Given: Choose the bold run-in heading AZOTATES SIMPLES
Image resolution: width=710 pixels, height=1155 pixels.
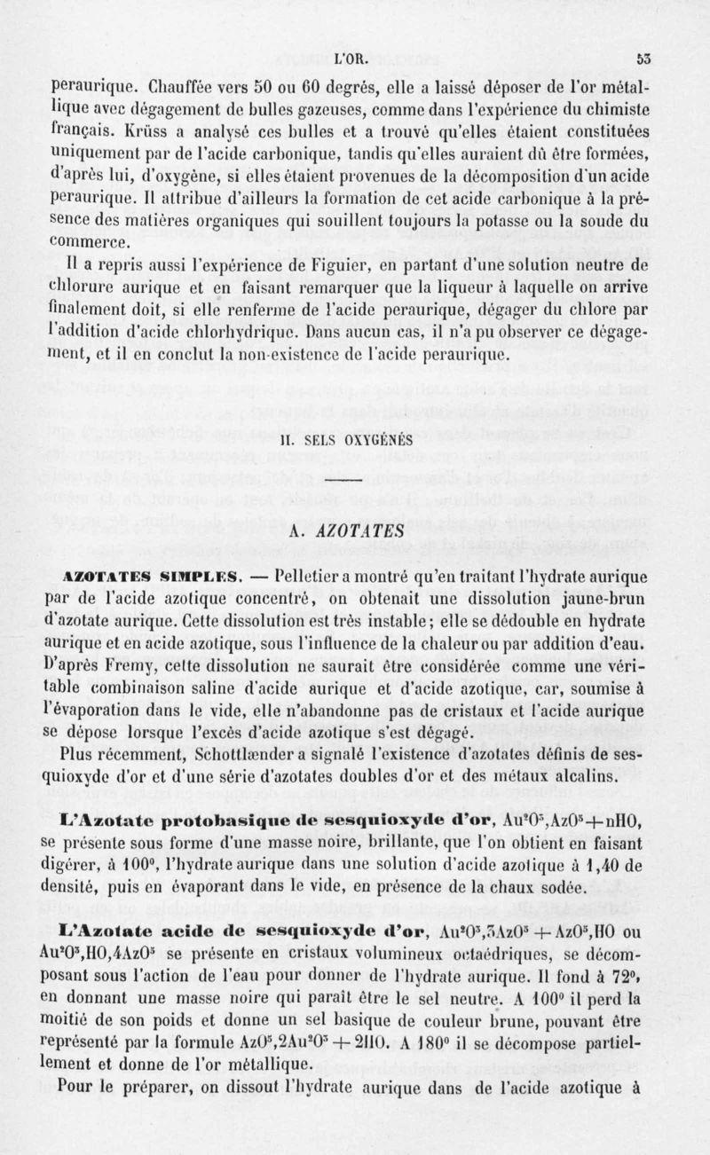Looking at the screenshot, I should pos(151,575).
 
